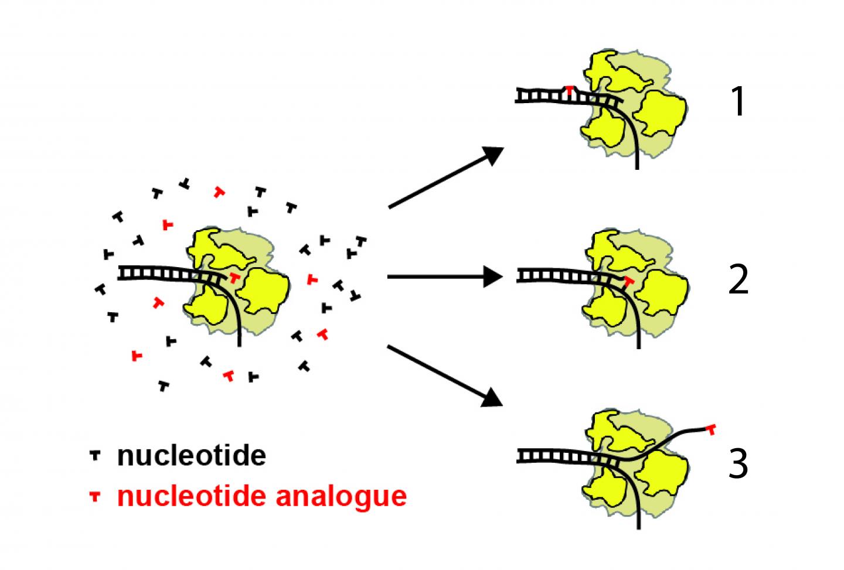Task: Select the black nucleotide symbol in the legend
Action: click(94, 455)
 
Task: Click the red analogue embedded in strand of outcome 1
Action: click(569, 90)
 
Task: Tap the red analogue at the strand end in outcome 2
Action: click(629, 282)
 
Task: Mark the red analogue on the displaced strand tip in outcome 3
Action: click(711, 430)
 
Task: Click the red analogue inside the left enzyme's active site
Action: click(234, 277)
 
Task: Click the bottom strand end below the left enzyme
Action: click(240, 343)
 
